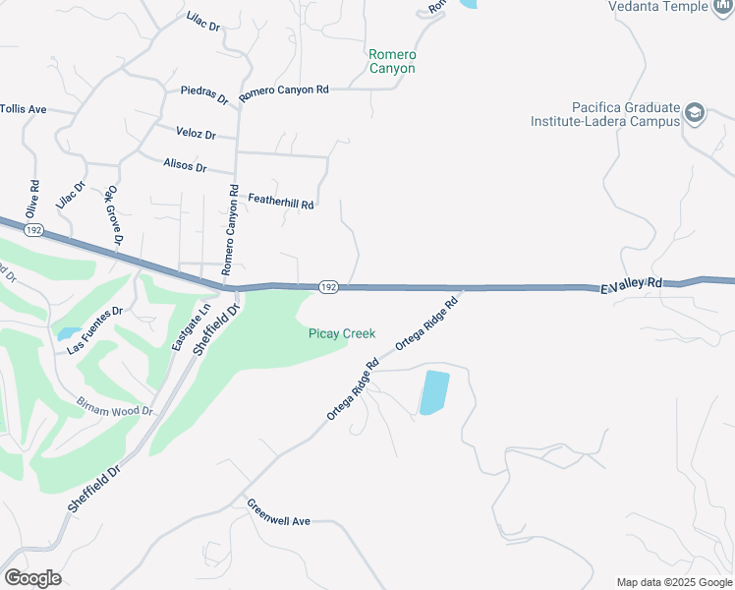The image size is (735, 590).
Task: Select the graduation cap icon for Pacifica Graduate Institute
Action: [696, 113]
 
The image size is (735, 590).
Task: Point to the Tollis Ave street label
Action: [24, 109]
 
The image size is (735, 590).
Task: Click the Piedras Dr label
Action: [204, 94]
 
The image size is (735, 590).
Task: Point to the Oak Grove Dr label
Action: [115, 215]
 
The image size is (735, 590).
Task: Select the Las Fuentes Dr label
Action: [94, 330]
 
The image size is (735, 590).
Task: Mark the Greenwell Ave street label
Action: [278, 512]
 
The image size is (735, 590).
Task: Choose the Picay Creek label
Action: [342, 334]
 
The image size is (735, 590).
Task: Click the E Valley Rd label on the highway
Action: [631, 284]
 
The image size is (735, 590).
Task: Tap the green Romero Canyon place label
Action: [392, 61]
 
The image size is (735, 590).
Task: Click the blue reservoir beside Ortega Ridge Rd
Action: [433, 391]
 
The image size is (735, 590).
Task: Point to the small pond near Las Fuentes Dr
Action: [69, 334]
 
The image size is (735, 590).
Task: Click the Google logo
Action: [32, 578]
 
